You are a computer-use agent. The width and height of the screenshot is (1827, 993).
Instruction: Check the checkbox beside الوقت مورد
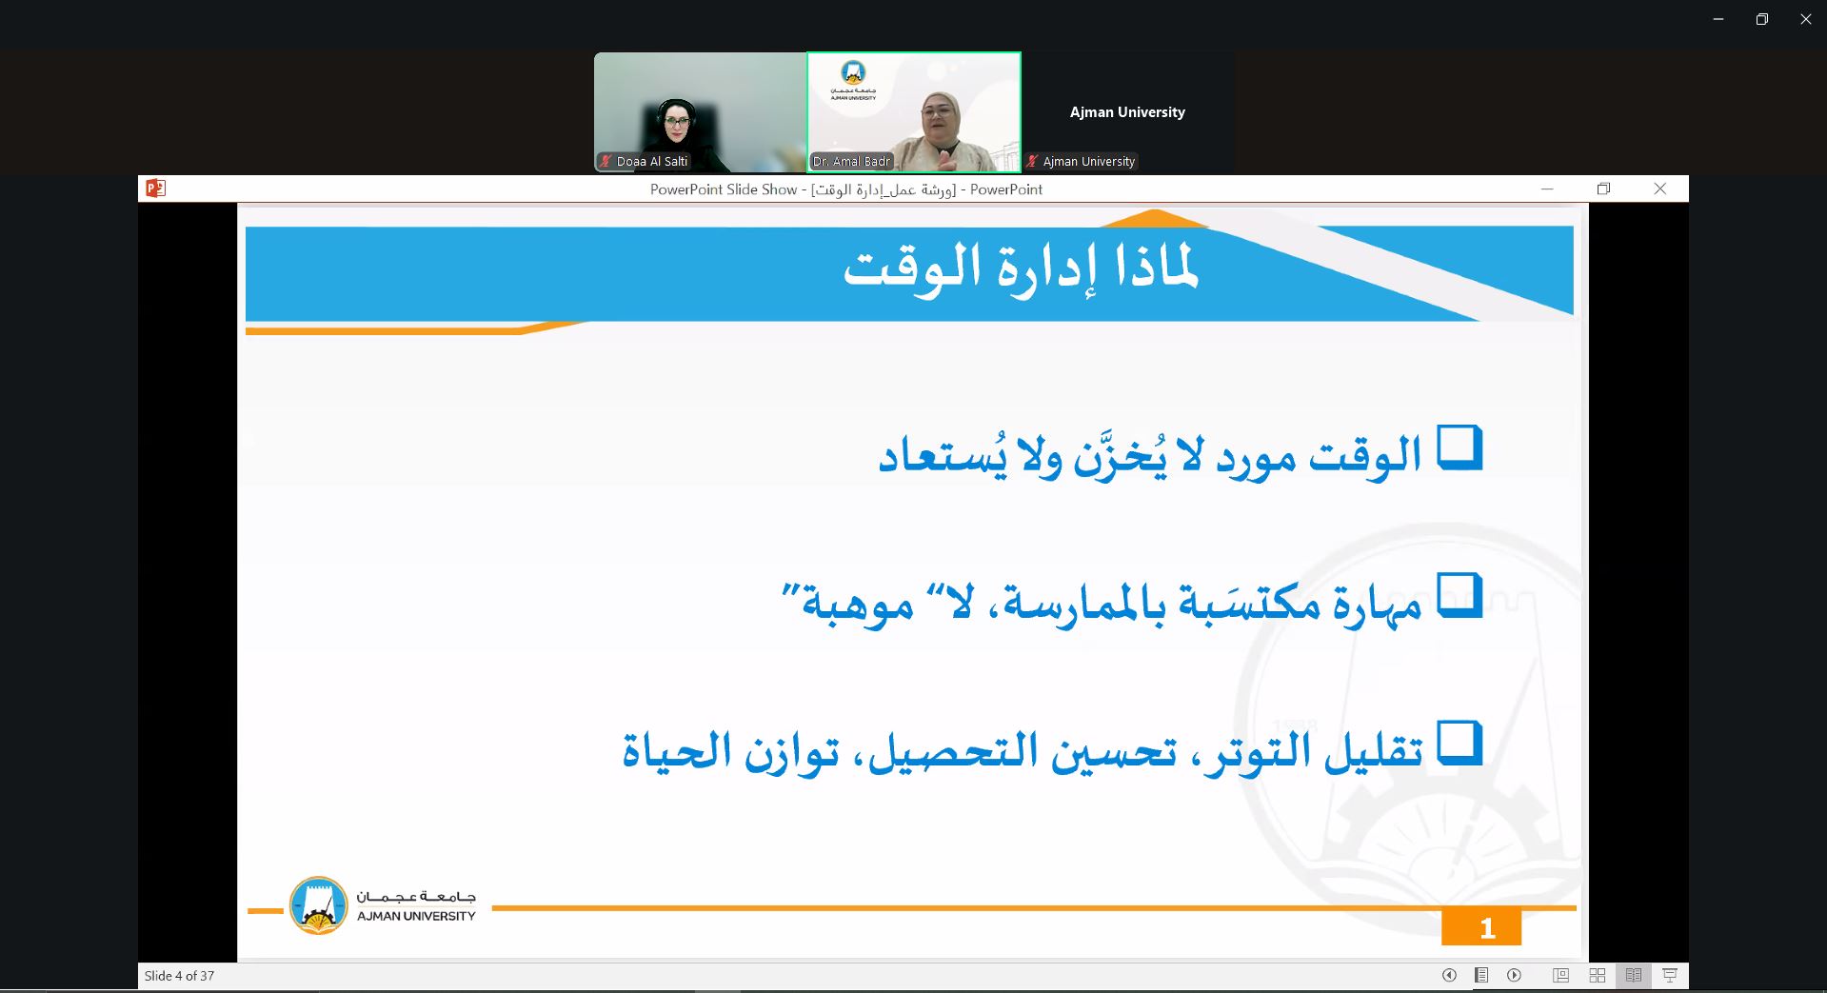point(1460,447)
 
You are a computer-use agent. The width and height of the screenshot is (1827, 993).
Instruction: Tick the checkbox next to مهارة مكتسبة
point(1460,596)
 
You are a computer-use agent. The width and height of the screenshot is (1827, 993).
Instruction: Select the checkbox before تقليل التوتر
point(1460,744)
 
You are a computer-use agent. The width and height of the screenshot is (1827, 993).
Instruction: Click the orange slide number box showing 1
point(1481,927)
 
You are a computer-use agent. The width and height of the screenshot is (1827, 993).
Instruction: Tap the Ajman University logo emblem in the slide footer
point(318,905)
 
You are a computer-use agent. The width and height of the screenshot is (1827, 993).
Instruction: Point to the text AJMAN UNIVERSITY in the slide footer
point(416,916)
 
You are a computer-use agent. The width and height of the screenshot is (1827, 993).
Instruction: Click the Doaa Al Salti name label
point(651,162)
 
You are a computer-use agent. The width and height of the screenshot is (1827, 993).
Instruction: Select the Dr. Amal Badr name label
point(851,162)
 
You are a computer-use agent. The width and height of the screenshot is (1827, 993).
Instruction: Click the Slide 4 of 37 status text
point(179,976)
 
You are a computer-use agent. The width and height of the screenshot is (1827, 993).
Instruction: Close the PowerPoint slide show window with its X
point(1660,189)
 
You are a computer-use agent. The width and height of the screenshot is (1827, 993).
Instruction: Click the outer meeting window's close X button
point(1805,19)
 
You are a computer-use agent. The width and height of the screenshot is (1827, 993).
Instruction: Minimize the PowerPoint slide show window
point(1547,189)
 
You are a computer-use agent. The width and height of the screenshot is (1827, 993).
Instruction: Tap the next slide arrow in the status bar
point(1514,975)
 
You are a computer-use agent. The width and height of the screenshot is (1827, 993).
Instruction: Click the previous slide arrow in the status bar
point(1449,975)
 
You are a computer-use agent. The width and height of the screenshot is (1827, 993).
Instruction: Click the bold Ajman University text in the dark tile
point(1127,112)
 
